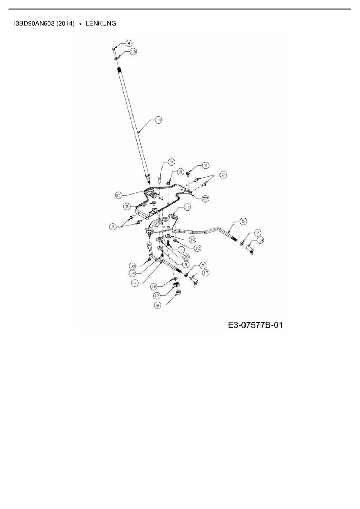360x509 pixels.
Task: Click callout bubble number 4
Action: click(x=129, y=43)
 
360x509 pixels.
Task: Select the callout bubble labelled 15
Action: click(x=133, y=52)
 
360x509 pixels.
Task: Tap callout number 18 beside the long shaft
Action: click(x=159, y=120)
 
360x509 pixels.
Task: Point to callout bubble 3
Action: click(x=172, y=162)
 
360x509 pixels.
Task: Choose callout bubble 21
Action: click(x=118, y=195)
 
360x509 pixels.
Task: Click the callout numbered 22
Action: click(x=206, y=198)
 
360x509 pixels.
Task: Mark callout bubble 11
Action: click(x=187, y=207)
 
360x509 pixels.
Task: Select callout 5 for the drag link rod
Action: click(x=243, y=221)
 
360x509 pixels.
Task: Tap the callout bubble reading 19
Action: click(x=192, y=240)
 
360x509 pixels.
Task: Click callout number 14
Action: click(x=132, y=273)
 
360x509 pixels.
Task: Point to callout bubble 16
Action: click(x=154, y=286)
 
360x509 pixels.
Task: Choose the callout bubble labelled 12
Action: click(x=157, y=296)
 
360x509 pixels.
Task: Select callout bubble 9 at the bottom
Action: click(x=158, y=305)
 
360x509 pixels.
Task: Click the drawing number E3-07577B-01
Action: click(x=255, y=325)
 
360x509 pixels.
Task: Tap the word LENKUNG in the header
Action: click(x=101, y=24)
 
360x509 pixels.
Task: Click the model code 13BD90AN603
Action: click(x=33, y=24)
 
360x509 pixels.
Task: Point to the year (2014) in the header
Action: click(x=66, y=24)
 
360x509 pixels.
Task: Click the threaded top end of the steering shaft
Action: click(x=119, y=70)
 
